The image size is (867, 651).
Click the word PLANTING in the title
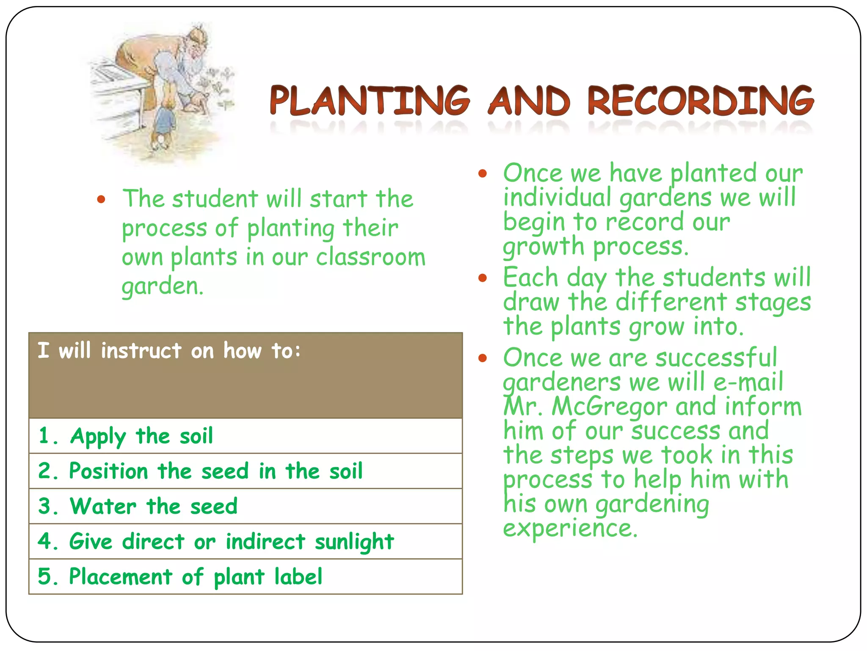pyautogui.click(x=370, y=100)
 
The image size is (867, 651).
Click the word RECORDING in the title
pyautogui.click(x=701, y=100)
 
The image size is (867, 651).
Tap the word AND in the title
pyautogui.click(x=530, y=100)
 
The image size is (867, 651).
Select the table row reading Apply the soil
pyautogui.click(x=245, y=436)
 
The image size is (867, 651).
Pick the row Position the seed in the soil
pyautogui.click(x=245, y=471)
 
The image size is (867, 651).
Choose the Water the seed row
pyautogui.click(x=245, y=506)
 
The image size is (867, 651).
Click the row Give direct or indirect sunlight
pyautogui.click(x=245, y=541)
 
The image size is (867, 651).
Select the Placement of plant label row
pyautogui.click(x=245, y=576)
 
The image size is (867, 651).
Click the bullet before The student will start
pyautogui.click(x=101, y=199)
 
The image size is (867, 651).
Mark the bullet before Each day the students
pyautogui.click(x=483, y=278)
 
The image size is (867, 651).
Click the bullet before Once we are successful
pyautogui.click(x=483, y=359)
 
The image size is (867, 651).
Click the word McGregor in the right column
pyautogui.click(x=610, y=406)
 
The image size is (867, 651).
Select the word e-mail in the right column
pyautogui.click(x=748, y=382)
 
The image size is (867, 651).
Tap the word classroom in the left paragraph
pyautogui.click(x=370, y=257)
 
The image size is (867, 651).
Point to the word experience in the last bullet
pyautogui.click(x=570, y=528)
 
